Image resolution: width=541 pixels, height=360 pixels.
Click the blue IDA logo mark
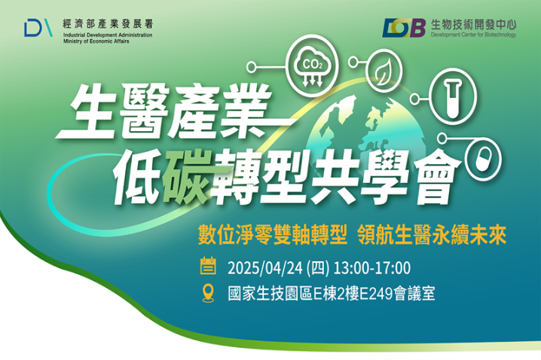pos(38,28)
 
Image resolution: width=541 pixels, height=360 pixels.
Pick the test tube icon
pos(453,98)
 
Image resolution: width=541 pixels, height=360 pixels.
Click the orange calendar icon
pos(208,266)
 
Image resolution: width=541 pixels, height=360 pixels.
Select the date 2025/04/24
pos(265,268)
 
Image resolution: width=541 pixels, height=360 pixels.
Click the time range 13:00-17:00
pos(372,268)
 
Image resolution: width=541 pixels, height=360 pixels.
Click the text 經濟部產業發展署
pos(108,24)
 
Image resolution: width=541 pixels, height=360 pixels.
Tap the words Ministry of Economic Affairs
pos(96,41)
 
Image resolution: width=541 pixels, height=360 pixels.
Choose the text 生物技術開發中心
pos(474,25)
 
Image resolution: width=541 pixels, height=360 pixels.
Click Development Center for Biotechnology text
pos(473,35)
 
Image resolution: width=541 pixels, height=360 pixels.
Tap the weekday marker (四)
pos(318,268)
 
